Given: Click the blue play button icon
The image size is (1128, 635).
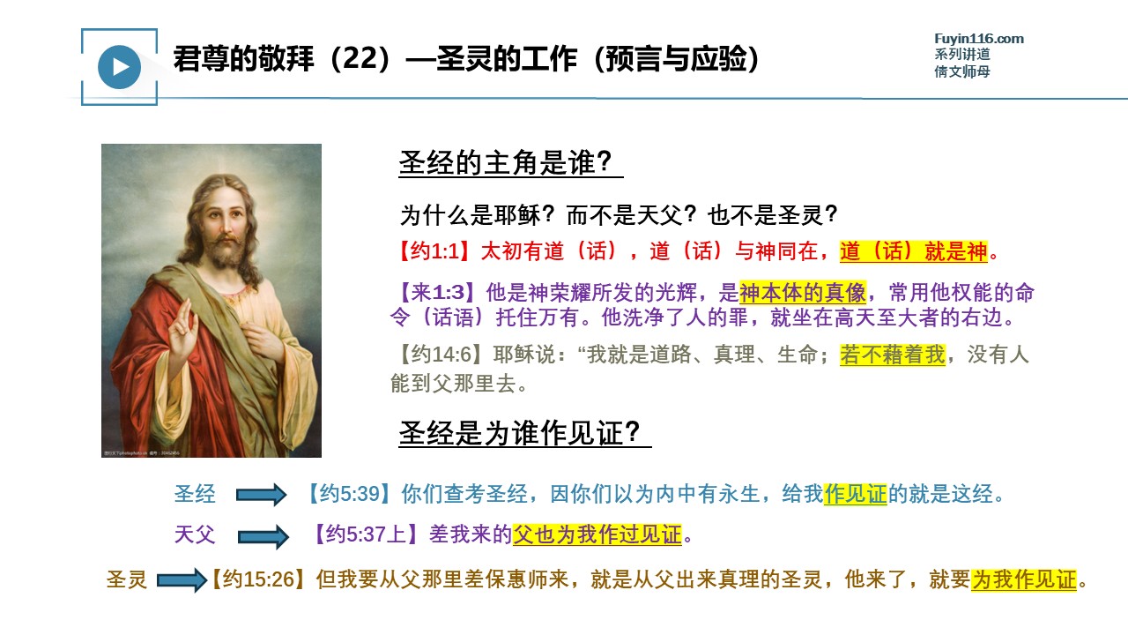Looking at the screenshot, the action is [x=119, y=67].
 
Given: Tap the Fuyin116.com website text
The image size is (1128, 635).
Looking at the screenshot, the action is [x=978, y=39].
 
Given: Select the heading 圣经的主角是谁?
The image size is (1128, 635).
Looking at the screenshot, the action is [x=505, y=162].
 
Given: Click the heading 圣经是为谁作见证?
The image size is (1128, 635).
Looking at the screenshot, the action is [x=519, y=432].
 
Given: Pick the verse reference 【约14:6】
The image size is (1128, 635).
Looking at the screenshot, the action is [x=439, y=355].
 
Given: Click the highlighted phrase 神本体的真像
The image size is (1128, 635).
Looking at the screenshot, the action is [x=803, y=292].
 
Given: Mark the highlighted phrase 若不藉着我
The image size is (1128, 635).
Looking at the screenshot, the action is [x=893, y=355].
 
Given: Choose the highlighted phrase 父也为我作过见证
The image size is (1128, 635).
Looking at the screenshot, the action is [x=597, y=534].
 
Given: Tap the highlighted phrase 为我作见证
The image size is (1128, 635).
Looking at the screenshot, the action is [x=1024, y=579].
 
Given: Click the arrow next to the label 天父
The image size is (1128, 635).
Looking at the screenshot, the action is [x=263, y=536].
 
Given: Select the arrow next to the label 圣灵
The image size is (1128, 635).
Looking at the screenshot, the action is [x=182, y=580].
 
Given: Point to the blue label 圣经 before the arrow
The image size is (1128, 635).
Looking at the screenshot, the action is [x=195, y=493].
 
